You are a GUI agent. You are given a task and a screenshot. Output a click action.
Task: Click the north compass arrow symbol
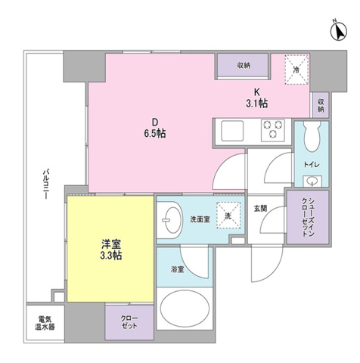339,31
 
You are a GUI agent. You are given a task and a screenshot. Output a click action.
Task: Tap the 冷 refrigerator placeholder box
296,69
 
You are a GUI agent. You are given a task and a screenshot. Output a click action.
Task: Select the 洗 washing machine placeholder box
228,216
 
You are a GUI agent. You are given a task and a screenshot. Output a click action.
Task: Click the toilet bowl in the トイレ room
312,137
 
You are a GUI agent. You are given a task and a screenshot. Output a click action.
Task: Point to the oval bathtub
185,309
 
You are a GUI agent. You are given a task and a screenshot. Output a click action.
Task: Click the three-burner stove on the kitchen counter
273,130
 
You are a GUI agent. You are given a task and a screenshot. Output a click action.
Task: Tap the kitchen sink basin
232,131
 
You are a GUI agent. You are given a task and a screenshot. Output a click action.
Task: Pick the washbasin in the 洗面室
172,220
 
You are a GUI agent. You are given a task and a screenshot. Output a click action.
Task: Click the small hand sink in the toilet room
312,181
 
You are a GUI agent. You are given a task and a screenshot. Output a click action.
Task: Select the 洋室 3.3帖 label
111,250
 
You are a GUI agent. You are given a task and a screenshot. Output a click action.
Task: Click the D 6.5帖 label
155,128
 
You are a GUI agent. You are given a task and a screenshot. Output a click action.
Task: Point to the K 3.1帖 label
256,98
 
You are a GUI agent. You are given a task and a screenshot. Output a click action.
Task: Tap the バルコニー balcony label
45,185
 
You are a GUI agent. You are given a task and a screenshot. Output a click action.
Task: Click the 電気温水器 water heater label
45,324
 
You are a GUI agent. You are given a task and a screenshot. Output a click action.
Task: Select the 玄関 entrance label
260,209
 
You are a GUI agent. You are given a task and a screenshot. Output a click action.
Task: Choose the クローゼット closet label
129,321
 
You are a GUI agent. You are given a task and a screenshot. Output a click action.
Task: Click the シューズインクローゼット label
308,217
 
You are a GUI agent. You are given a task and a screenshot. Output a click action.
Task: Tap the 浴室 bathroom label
177,269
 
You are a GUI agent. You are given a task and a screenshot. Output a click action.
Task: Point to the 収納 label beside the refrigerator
244,65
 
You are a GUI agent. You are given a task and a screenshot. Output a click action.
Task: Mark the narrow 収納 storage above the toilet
321,105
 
